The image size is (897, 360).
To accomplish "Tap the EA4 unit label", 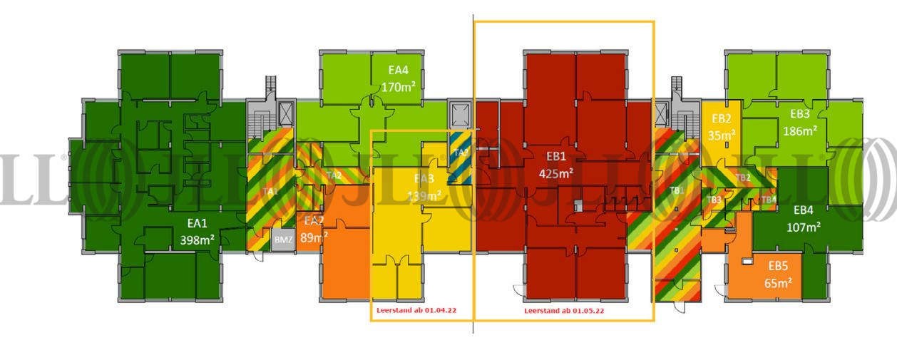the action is (398, 70).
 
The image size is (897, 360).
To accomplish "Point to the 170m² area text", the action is (399, 88).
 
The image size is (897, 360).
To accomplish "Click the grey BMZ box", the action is (283, 240).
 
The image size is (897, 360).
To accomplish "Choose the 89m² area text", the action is (314, 237).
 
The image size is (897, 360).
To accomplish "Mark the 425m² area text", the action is (556, 173).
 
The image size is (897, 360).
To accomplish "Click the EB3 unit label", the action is (799, 113).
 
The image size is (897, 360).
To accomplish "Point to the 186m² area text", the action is (799, 130).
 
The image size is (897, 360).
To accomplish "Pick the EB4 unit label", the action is (803, 210).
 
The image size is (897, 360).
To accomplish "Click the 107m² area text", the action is (803, 227).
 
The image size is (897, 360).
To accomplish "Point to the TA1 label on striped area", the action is (269, 191).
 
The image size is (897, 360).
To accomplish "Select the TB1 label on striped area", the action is (677, 190).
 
